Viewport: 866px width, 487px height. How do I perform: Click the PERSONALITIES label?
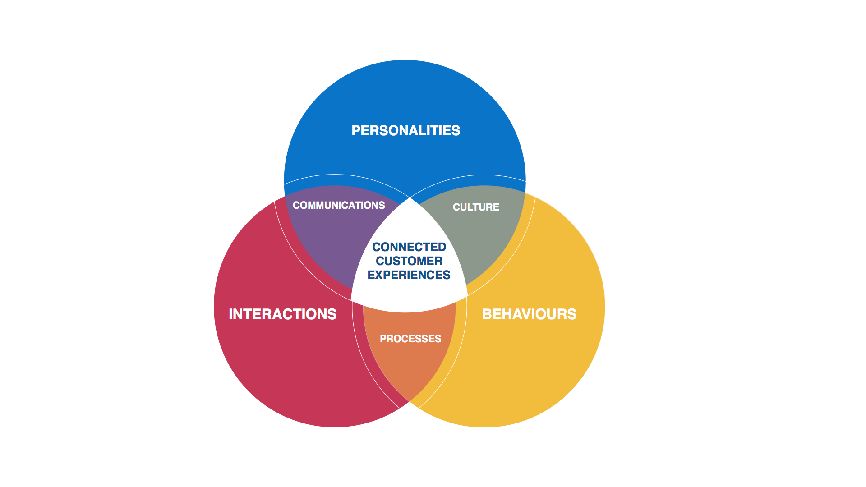click(x=405, y=131)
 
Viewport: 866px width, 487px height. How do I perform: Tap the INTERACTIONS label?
click(x=282, y=314)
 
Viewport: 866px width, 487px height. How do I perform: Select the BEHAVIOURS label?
click(x=529, y=314)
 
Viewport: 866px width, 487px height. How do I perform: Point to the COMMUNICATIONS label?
click(x=339, y=206)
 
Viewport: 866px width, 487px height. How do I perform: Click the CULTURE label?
click(x=476, y=207)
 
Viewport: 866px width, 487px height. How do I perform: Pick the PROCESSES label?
click(x=410, y=339)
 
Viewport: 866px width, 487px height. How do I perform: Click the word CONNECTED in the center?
click(x=409, y=247)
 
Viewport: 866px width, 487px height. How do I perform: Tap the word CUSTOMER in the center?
click(x=409, y=261)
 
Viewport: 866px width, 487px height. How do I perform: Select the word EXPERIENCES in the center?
click(x=409, y=275)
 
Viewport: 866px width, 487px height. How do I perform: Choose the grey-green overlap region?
click(x=487, y=243)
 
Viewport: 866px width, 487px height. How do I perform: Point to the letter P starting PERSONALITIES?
click(x=356, y=131)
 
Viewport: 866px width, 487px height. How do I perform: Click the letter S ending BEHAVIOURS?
click(x=572, y=314)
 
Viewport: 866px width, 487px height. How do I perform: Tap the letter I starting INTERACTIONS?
click(x=231, y=314)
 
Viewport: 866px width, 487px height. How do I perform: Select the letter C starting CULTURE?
click(x=456, y=207)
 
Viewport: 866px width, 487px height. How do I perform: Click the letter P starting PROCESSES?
click(x=383, y=339)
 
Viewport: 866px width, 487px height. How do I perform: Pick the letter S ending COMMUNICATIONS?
click(x=382, y=206)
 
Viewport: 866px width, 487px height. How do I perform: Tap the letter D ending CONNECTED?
click(x=442, y=247)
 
